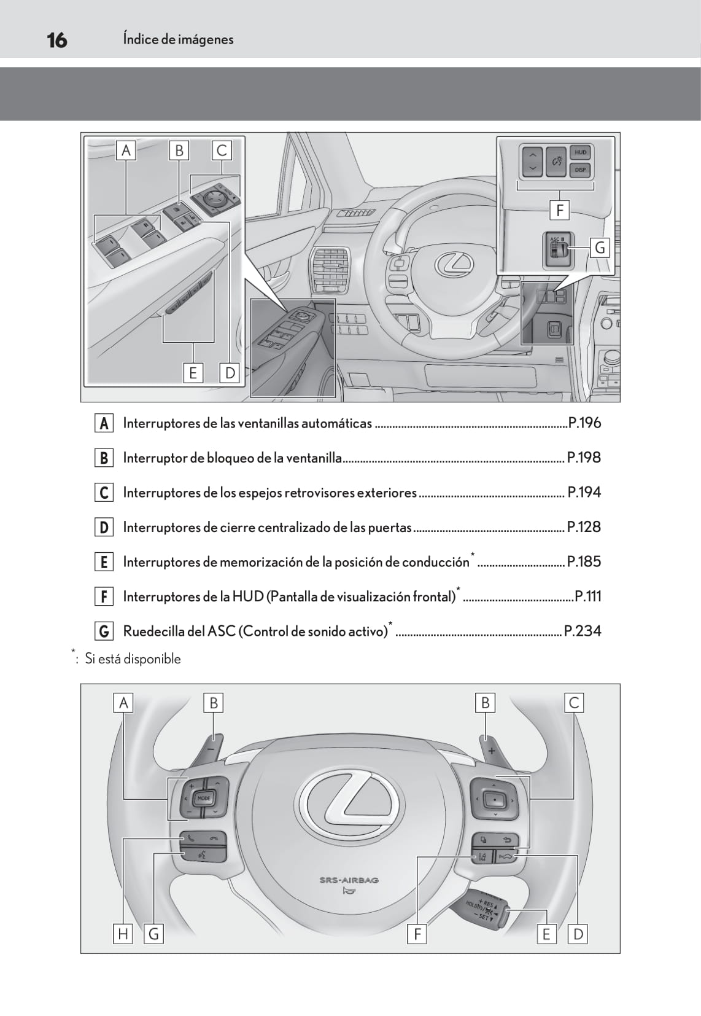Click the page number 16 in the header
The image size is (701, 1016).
57,41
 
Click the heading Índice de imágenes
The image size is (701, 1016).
178,39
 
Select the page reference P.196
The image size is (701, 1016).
584,423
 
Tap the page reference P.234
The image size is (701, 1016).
582,631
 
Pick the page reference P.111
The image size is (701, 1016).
587,596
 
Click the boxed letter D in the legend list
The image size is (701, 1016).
104,527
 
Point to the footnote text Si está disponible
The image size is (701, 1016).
133,658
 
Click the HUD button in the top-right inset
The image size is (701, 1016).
580,152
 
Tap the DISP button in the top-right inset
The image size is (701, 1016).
580,170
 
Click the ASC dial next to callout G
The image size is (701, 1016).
558,249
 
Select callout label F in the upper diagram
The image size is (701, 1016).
559,211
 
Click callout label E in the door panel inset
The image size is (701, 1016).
193,373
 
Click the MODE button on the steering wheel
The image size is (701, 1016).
204,798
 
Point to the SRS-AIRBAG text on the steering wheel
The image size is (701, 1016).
349,880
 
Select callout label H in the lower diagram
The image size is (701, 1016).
123,934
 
